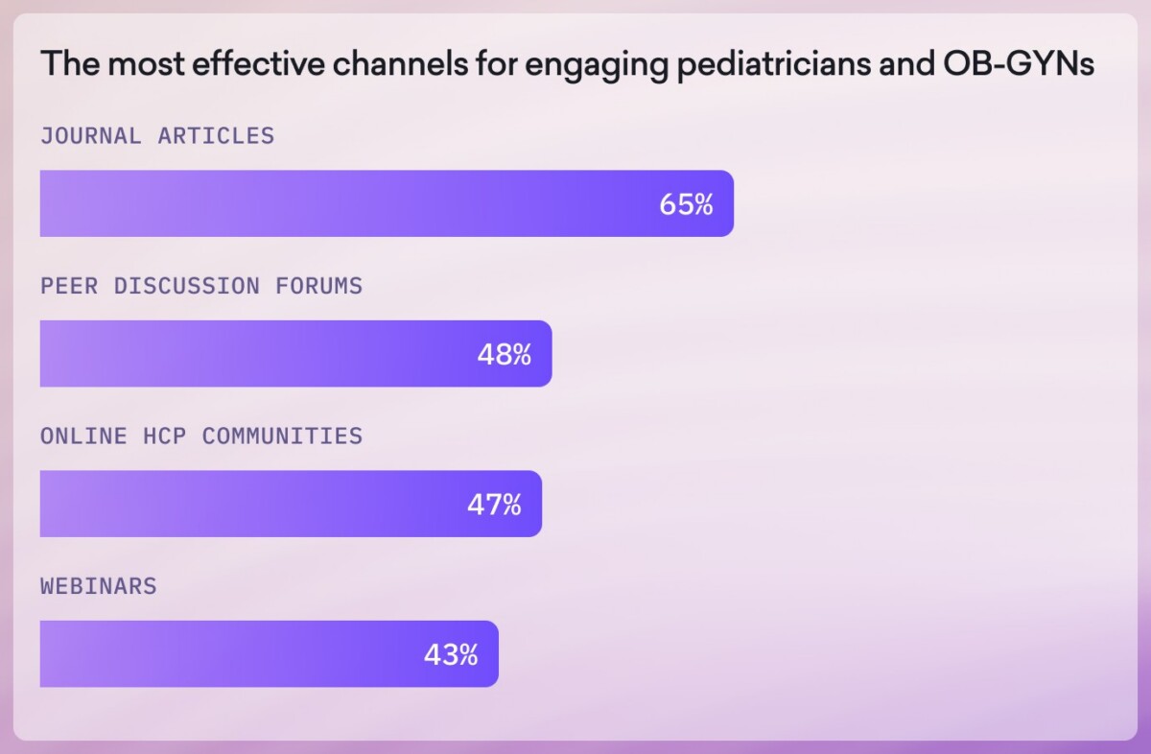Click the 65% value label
(x=686, y=204)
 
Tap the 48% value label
(x=504, y=355)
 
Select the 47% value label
(x=494, y=505)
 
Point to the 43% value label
(x=451, y=655)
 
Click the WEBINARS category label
(x=98, y=586)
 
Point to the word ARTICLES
(x=216, y=136)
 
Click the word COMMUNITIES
(x=282, y=436)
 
